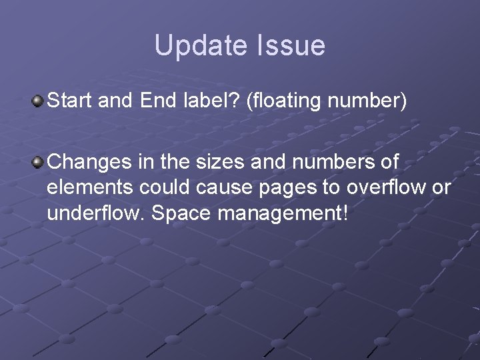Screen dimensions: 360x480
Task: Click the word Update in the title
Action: (199, 46)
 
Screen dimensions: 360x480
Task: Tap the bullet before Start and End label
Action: (38, 101)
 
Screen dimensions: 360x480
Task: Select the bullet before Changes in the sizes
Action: (38, 161)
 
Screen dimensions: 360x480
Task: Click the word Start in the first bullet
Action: (72, 102)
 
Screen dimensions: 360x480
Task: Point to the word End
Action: (159, 102)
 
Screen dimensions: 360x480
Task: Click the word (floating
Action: (285, 102)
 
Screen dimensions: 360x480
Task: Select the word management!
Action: (279, 216)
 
